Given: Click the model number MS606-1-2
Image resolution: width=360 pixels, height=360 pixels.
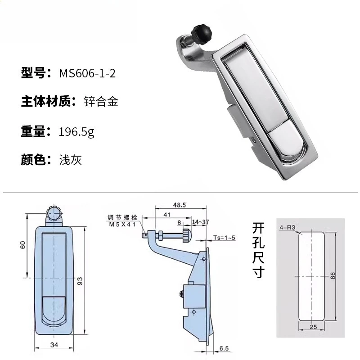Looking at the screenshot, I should coord(87,73).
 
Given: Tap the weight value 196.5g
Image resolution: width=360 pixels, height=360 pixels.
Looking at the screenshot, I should coord(76,132).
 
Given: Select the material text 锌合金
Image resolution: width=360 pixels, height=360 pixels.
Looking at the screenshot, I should coord(101,102).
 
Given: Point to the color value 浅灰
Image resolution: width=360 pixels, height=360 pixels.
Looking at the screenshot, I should coord(71,160).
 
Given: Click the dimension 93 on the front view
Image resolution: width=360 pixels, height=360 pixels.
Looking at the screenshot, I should coord(80,281).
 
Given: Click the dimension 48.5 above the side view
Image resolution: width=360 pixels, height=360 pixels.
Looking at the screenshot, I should coord(179,205).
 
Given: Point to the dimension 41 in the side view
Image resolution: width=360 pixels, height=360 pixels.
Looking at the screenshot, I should coord(167,215).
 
